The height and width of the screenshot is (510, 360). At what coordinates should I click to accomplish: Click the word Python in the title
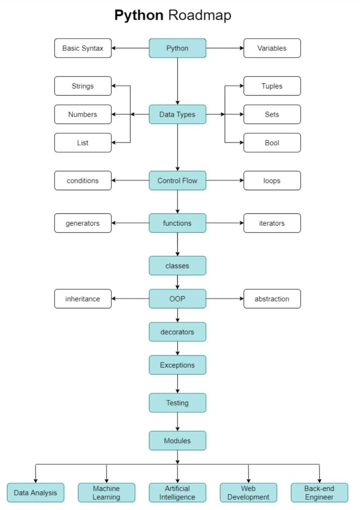pyautogui.click(x=139, y=15)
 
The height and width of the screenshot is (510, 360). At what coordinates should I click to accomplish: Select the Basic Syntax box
pyautogui.click(x=83, y=48)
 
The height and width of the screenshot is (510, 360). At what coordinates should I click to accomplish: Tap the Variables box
pyautogui.click(x=272, y=48)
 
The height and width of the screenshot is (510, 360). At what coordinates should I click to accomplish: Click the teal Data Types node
pyautogui.click(x=177, y=114)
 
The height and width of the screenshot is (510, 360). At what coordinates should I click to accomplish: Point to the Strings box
pyautogui.click(x=83, y=86)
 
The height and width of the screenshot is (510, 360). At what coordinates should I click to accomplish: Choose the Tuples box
pyautogui.click(x=272, y=86)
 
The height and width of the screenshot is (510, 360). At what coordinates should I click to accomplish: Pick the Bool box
pyautogui.click(x=272, y=143)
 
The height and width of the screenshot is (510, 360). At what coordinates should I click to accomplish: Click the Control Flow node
pyautogui.click(x=177, y=181)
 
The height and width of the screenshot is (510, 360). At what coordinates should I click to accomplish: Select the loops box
pyautogui.click(x=272, y=181)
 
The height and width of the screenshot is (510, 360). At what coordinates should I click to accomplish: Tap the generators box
pyautogui.click(x=83, y=223)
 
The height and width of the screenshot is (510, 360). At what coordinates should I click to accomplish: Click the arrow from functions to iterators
pyautogui.click(x=225, y=223)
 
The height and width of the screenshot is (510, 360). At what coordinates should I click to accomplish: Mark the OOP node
pyautogui.click(x=177, y=298)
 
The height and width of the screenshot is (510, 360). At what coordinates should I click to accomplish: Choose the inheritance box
pyautogui.click(x=83, y=298)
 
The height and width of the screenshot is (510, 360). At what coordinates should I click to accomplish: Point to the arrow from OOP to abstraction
pyautogui.click(x=225, y=298)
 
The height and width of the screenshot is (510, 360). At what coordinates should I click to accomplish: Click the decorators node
pyautogui.click(x=177, y=332)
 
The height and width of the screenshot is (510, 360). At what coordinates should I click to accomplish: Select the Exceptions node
pyautogui.click(x=177, y=365)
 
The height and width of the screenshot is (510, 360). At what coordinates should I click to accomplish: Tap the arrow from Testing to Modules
pyautogui.click(x=177, y=422)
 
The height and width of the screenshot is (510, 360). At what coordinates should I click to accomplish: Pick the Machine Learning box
pyautogui.click(x=106, y=492)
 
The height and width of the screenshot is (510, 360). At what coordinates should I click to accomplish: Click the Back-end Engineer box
pyautogui.click(x=319, y=492)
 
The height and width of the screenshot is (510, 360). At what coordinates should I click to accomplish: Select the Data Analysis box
pyautogui.click(x=36, y=492)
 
